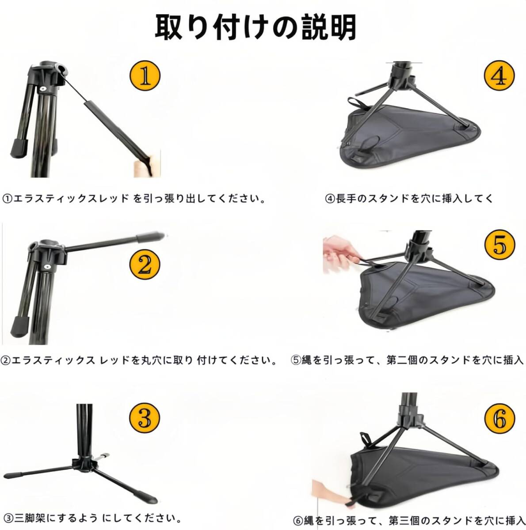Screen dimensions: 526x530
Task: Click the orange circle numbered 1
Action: click(145, 76)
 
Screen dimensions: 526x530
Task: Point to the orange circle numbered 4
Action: click(499, 76)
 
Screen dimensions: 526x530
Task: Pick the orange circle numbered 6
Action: click(499, 419)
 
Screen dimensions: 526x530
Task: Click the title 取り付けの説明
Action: click(255, 27)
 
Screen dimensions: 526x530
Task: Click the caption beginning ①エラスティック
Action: click(134, 199)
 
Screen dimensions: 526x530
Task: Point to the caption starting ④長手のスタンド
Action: click(409, 199)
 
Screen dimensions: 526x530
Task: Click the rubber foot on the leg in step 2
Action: click(20, 325)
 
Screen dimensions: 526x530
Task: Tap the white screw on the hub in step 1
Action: click(43, 89)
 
